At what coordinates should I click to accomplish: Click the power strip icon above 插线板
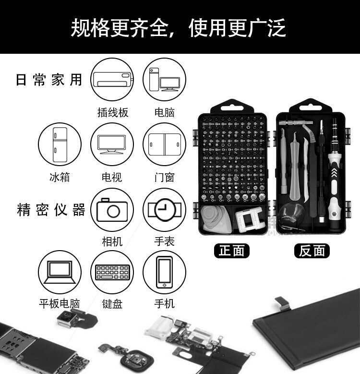coord(112,80)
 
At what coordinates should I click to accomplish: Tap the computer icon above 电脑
coord(164,80)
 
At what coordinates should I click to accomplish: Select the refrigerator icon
coord(60,144)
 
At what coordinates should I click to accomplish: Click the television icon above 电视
coord(112,144)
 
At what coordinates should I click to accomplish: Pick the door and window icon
coord(164,144)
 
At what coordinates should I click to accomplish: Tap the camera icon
coord(112,210)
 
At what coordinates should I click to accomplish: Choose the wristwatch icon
coord(164,210)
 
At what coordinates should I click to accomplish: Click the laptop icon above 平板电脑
coord(60,272)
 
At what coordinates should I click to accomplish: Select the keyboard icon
coord(112,272)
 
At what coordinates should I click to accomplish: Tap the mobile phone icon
coord(164,272)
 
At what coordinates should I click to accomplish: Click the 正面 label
coord(232,251)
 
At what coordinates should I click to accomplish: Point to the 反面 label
coord(312,251)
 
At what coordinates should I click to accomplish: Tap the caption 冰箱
coord(60,177)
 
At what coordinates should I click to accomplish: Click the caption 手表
coord(164,241)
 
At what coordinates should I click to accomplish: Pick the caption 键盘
coord(112,304)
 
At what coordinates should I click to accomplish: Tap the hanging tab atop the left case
coord(232,106)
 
